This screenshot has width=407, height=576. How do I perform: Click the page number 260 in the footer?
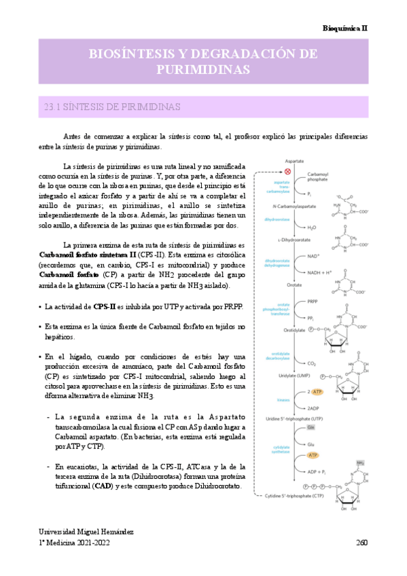(x=361, y=543)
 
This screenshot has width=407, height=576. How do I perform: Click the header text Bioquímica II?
(x=344, y=29)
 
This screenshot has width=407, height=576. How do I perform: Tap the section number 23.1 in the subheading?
(x=53, y=107)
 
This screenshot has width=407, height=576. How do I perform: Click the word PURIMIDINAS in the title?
(x=203, y=69)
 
